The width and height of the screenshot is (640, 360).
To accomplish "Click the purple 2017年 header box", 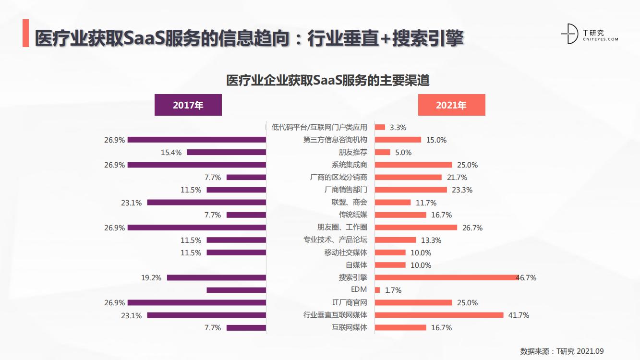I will point(188,105).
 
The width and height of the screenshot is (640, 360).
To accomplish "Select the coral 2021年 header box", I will point(451,105).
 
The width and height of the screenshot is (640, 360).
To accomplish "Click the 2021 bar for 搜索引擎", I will point(446,277).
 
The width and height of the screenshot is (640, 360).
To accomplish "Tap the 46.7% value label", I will point(526,278).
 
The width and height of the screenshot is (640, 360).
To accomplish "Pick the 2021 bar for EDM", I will point(377,290).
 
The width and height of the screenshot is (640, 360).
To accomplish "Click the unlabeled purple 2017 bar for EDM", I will point(236,290).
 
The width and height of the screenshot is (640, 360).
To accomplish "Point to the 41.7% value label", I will point(519,315).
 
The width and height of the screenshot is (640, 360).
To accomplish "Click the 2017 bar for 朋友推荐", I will point(226,152).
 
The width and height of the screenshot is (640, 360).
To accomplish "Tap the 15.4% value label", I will point(171,153).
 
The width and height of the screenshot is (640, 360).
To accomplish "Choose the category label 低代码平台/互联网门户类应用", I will point(319,127).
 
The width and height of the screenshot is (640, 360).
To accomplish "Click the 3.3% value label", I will point(398,128).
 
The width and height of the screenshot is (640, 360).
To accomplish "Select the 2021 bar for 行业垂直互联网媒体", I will point(439,315).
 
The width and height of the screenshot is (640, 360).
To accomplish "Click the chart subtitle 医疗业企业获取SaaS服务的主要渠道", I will point(327,80).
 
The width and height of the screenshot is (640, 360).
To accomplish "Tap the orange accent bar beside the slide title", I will point(25,34).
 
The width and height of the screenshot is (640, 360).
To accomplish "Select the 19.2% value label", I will point(151,277).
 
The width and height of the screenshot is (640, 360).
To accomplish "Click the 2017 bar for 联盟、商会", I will point(206,203).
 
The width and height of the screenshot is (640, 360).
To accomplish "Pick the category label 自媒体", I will point(357,265).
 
